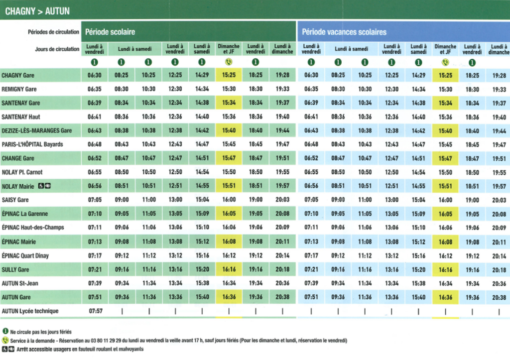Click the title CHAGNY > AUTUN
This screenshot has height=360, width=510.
pos(37,11)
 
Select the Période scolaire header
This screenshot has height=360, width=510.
pos(110,32)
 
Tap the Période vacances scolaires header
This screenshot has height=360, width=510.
pos(344,32)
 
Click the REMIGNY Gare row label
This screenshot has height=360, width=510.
pos(19,89)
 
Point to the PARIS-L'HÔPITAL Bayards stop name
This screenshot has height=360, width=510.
pos(32,144)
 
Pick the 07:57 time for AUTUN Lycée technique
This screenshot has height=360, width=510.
pos(96,311)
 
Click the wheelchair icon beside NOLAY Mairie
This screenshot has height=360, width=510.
pos(41,186)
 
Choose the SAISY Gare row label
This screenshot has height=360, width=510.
pos(15,200)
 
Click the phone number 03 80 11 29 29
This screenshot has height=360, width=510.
pos(106,341)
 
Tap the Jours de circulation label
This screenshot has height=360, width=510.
pos(57,49)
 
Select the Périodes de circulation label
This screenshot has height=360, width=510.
pos(53,32)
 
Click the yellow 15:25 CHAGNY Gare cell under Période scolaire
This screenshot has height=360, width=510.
pos(229,75)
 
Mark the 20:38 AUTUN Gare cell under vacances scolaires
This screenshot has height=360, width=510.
pos(499,297)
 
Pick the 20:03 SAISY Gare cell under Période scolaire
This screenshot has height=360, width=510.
pos(282,200)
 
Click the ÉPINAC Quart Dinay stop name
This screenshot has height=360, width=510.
pos(25,256)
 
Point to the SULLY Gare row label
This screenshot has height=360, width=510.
pos(15,269)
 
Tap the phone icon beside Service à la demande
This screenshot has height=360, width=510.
pos(5,341)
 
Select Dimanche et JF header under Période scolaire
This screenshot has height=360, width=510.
pos(229,49)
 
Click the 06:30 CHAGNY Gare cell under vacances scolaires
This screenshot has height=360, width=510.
pos(311,75)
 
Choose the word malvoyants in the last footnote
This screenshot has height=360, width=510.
pos(131,349)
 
